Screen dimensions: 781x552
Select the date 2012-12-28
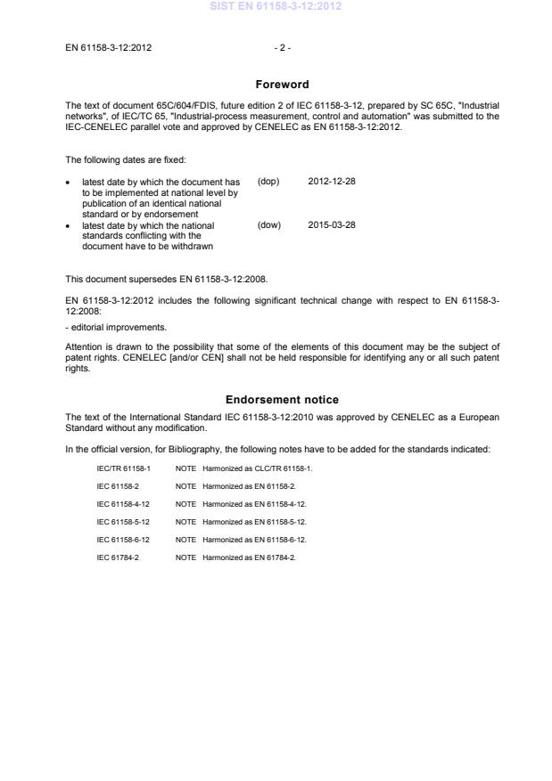332,181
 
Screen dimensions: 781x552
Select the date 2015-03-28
332,225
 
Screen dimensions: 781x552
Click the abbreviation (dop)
268,181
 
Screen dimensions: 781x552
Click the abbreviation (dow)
268,225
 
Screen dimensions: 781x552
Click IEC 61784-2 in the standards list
117,557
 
